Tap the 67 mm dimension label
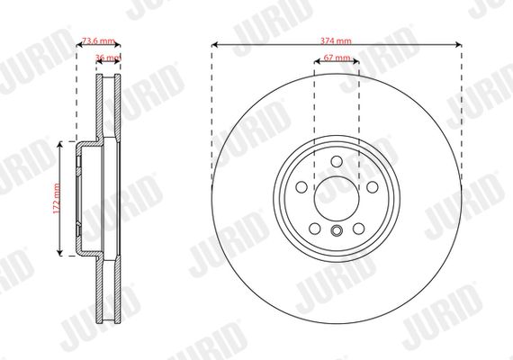tap(337, 58)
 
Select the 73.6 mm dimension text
tap(98, 40)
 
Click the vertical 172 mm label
tap(57, 199)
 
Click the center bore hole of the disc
tap(337, 199)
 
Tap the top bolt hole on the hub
tap(337, 161)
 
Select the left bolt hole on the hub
tap(301, 187)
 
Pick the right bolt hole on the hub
tap(373, 187)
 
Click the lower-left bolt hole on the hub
tap(315, 229)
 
